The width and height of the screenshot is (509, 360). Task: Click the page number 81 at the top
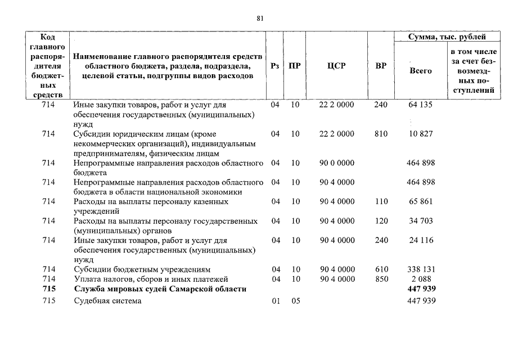(x=260, y=18)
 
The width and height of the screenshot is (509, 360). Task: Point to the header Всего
(x=420, y=71)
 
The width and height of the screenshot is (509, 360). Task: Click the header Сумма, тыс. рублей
(x=447, y=37)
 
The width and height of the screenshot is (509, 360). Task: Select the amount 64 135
(x=420, y=105)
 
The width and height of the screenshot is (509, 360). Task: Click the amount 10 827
(x=420, y=134)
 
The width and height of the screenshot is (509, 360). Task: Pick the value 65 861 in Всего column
(x=420, y=201)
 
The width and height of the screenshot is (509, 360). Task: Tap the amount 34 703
(x=420, y=220)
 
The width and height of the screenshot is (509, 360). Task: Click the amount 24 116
(x=420, y=240)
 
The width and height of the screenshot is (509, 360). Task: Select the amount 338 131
(x=420, y=269)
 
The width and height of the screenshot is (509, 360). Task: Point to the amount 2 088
(x=420, y=279)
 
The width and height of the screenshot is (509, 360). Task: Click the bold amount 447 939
(x=420, y=289)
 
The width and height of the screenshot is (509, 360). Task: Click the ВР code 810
(x=381, y=134)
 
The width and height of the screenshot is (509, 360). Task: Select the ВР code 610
(x=381, y=269)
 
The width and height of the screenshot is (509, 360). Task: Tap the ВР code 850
(x=381, y=279)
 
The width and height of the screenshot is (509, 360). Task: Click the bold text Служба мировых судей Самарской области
(x=160, y=289)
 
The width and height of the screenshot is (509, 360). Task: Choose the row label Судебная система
(x=107, y=301)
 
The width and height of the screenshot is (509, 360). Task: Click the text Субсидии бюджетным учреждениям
(x=142, y=269)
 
